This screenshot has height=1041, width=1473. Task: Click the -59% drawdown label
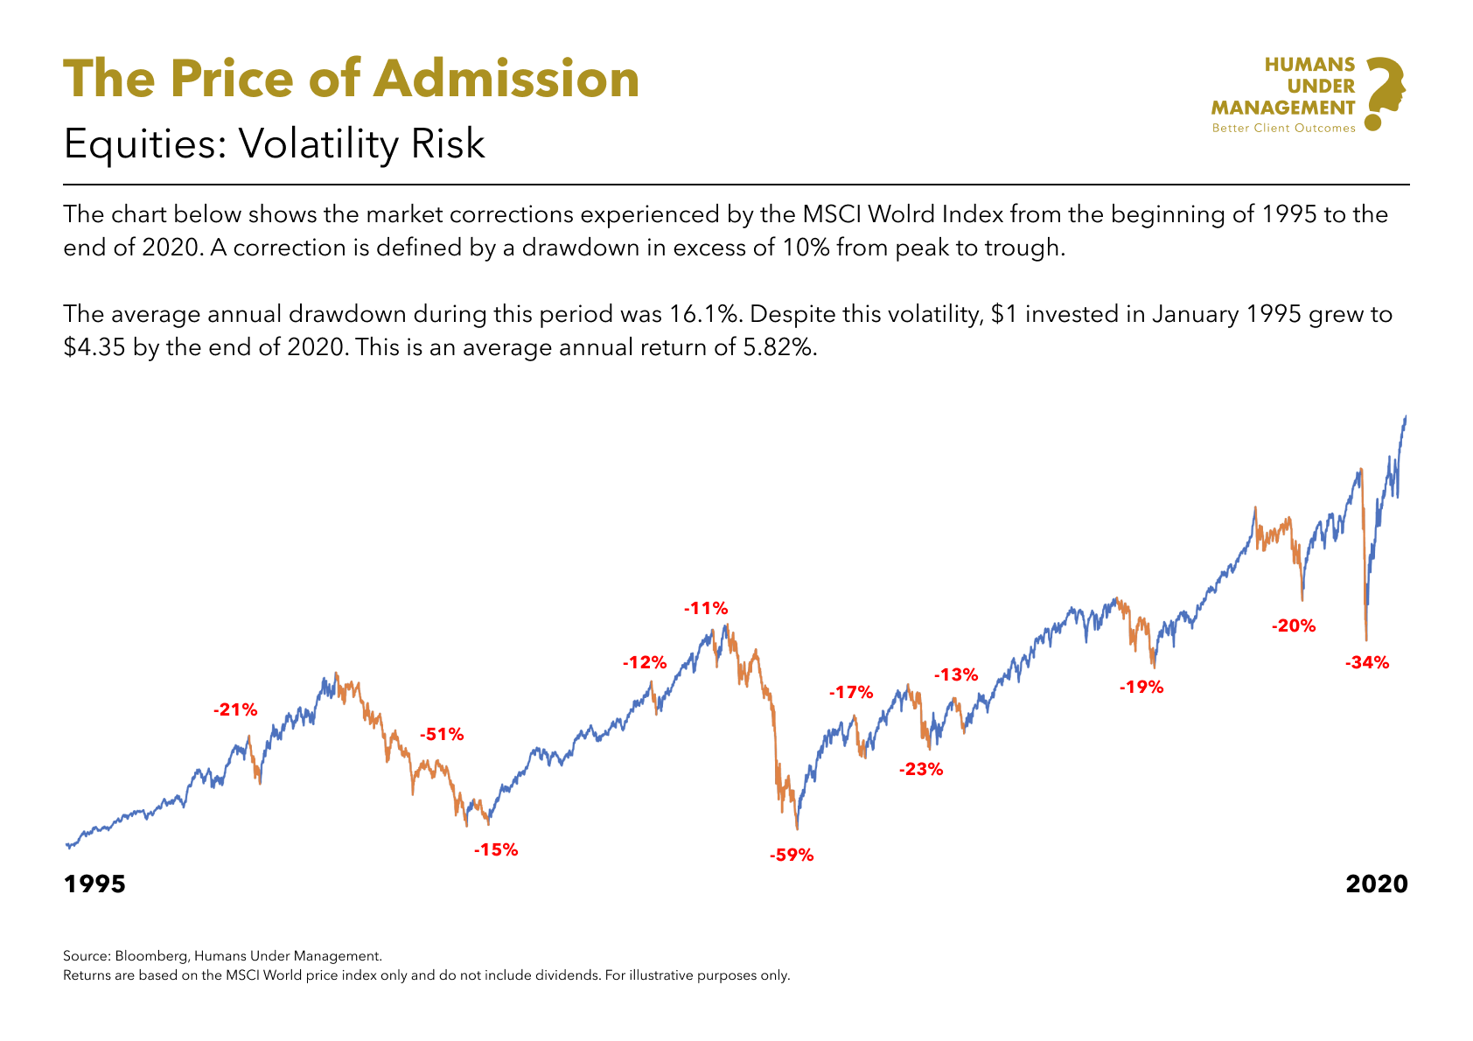pyautogui.click(x=792, y=856)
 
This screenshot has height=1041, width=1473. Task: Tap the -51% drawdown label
pyautogui.click(x=442, y=735)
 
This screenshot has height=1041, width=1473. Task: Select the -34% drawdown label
pyautogui.click(x=1367, y=662)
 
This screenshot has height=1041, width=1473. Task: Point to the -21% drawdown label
pyautogui.click(x=235, y=709)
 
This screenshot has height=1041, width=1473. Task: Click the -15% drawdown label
pyautogui.click(x=496, y=849)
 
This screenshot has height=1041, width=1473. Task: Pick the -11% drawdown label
pyautogui.click(x=706, y=608)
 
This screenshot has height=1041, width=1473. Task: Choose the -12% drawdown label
pyautogui.click(x=645, y=662)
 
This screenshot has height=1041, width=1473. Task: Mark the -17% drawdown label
pyautogui.click(x=851, y=693)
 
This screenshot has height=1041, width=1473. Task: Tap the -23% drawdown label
pyautogui.click(x=921, y=769)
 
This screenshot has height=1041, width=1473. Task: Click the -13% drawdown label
pyautogui.click(x=956, y=674)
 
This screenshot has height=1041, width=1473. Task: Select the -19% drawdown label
pyautogui.click(x=1141, y=688)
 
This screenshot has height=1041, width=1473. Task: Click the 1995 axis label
pyautogui.click(x=95, y=884)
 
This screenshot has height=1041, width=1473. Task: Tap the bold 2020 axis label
pyautogui.click(x=1377, y=884)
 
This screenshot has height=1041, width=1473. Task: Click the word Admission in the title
pyautogui.click(x=506, y=79)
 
